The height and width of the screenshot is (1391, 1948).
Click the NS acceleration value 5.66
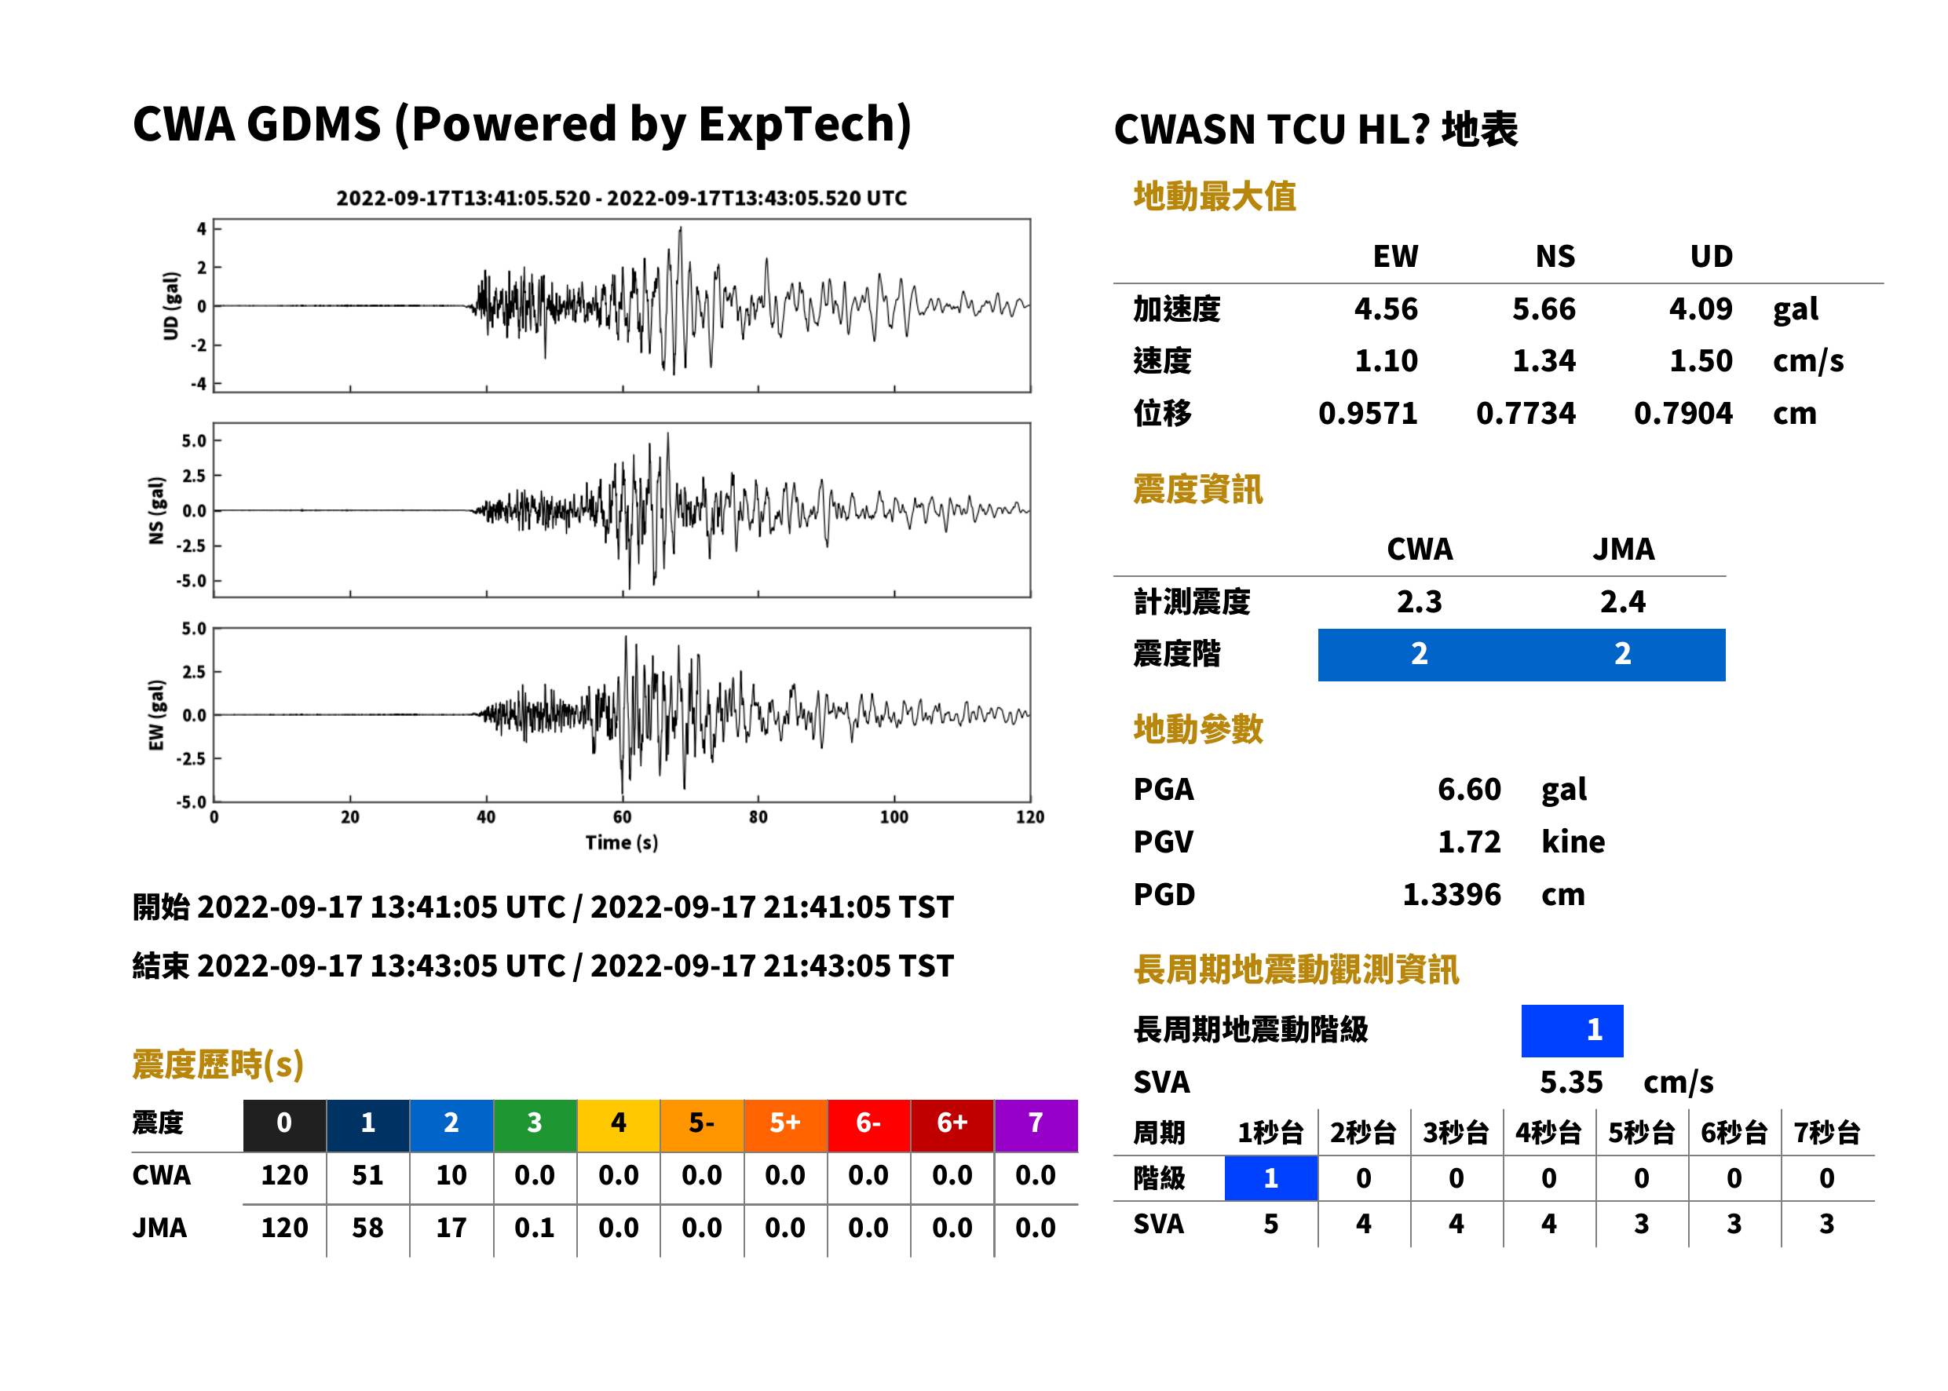click(x=1543, y=309)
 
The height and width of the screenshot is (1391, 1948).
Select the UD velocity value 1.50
click(x=1701, y=360)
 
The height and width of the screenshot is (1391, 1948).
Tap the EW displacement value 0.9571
click(x=1368, y=413)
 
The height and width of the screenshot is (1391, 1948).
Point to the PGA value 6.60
click(x=1469, y=789)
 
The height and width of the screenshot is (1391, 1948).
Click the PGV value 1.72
click(x=1469, y=842)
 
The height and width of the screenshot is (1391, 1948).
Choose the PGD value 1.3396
click(x=1452, y=894)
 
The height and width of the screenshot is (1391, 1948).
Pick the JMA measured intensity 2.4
click(x=1622, y=601)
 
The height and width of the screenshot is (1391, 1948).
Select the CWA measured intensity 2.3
click(x=1420, y=601)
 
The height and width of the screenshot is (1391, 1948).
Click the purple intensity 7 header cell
click(x=1036, y=1123)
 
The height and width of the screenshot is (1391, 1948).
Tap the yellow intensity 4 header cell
click(x=619, y=1123)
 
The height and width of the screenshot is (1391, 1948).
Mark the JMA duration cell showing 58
click(x=367, y=1228)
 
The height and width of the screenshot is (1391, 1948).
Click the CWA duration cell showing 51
click(x=367, y=1175)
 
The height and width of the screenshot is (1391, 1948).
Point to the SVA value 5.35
click(x=1571, y=1082)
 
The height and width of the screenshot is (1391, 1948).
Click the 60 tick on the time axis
click(x=622, y=817)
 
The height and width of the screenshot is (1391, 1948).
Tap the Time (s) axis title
click(x=622, y=843)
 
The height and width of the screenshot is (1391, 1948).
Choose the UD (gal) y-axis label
click(x=171, y=306)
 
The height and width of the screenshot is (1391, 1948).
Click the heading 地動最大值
click(x=1215, y=196)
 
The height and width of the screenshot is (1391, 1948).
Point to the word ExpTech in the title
click(x=799, y=124)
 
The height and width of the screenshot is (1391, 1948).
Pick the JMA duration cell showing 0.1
click(x=535, y=1228)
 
